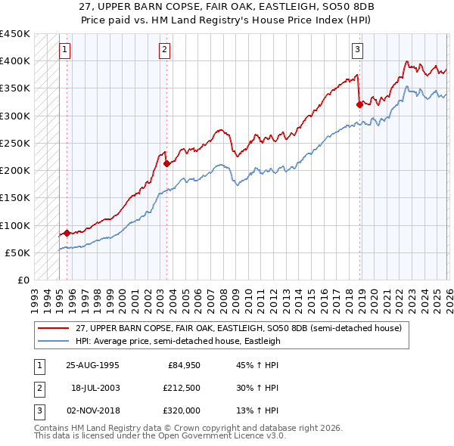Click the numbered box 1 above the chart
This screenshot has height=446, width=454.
67,51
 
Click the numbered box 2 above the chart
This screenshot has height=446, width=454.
164,51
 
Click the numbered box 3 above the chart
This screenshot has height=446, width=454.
357,51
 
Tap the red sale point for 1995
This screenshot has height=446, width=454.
67,234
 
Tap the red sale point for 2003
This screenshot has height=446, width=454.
166,163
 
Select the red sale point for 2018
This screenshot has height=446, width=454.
359,105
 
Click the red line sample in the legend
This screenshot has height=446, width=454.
53,328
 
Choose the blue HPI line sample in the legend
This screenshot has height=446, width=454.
53,341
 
